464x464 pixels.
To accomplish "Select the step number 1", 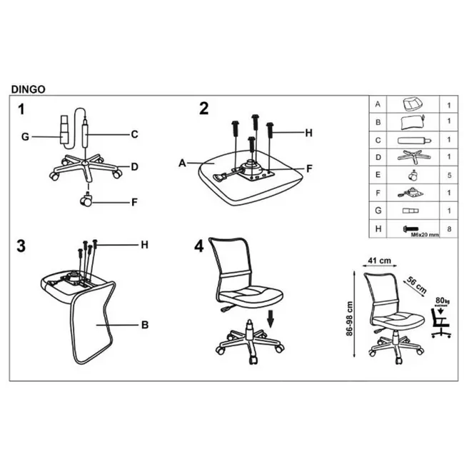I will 22,109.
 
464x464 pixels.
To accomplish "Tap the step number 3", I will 22,246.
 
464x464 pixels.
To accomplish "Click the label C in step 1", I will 133,133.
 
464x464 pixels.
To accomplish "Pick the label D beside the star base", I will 133,167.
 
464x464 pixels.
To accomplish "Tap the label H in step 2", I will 308,132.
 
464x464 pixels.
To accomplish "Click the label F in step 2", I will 309,168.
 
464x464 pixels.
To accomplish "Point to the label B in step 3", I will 144,325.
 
